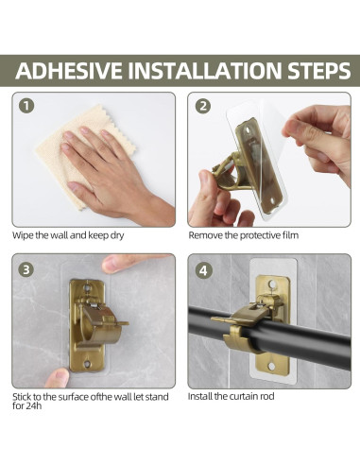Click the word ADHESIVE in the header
point(69,70)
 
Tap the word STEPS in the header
point(318,70)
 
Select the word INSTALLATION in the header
point(205,70)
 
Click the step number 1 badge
point(26,106)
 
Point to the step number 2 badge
point(203,106)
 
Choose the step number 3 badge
point(26,270)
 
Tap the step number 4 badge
point(203,270)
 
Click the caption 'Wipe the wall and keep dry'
point(68,235)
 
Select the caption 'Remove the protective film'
point(243,235)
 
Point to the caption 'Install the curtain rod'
point(231,396)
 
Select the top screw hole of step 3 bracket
point(87,288)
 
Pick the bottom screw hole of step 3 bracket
point(87,364)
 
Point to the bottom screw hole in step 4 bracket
point(271,366)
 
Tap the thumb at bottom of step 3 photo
point(57,378)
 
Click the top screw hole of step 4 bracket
point(273,284)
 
